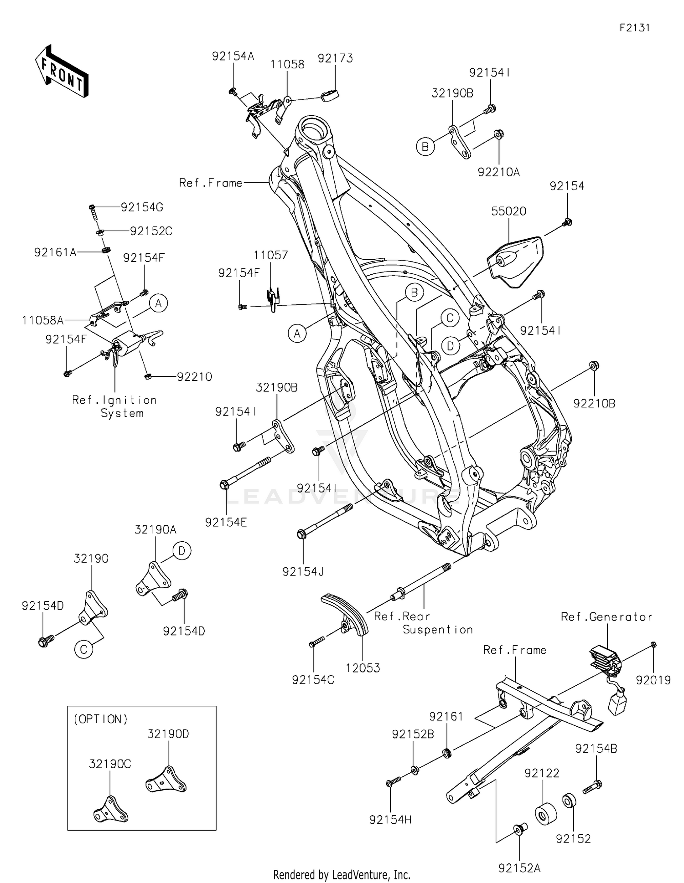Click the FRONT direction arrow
coord(62,71)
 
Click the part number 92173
coord(335,58)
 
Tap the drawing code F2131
coord(634,28)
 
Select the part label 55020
coord(508,211)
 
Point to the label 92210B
coord(594,404)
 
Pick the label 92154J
coord(303,572)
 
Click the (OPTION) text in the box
coord(101,719)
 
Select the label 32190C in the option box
coord(110,764)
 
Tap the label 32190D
coord(168,734)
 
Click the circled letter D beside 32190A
coord(181,551)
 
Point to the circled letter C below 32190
coord(84,649)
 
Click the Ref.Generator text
coord(606,617)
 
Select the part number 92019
coord(653,680)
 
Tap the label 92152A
coord(519,868)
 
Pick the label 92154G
coord(142,207)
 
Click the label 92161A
coord(55,252)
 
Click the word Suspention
coord(437,630)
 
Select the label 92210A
coord(498,172)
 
